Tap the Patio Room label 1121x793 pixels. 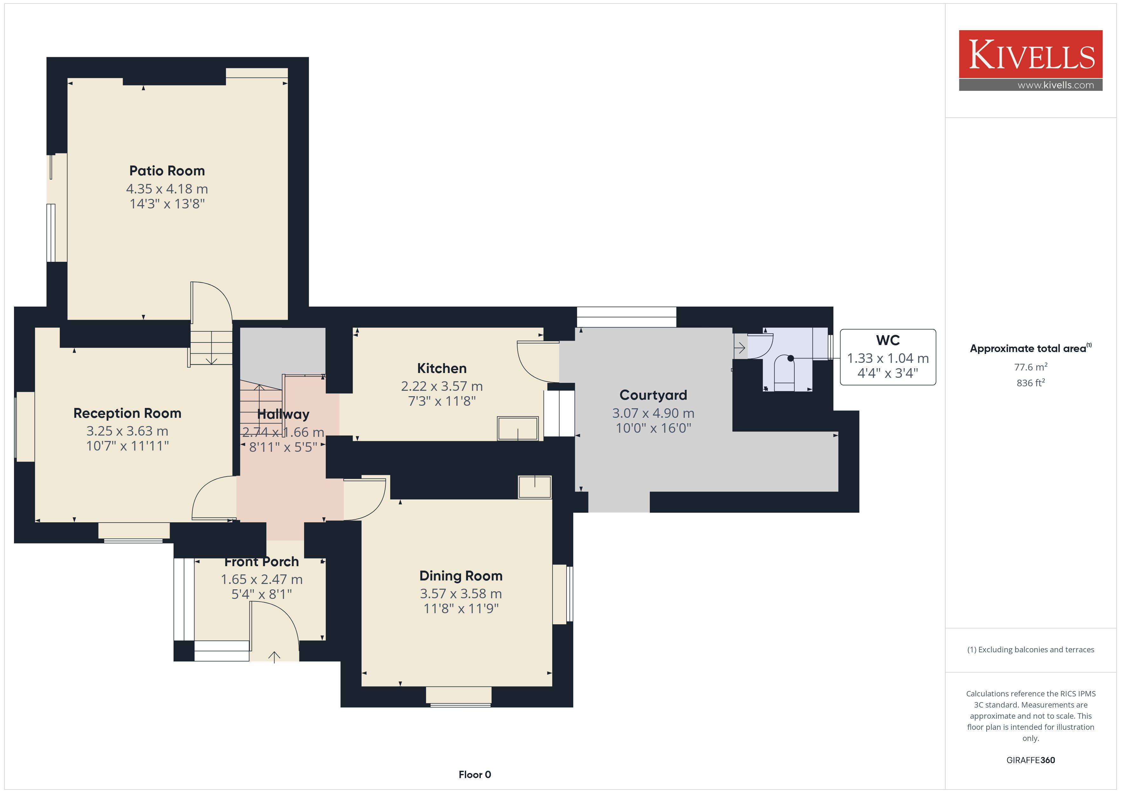[167, 171]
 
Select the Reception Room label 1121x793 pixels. [127, 414]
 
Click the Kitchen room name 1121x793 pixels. [442, 368]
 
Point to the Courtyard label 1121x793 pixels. [653, 395]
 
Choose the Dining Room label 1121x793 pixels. [461, 576]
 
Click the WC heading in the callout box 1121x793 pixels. [888, 340]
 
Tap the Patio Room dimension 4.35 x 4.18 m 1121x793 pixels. [167, 189]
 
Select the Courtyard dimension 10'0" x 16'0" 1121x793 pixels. [653, 428]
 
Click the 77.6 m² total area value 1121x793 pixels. [1031, 367]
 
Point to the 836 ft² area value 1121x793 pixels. [1031, 383]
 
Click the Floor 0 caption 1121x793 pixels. [475, 775]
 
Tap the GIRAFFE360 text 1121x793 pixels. [1031, 760]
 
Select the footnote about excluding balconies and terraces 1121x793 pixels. [1031, 649]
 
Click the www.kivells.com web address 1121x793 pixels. [1056, 85]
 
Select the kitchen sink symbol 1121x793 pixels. [518, 429]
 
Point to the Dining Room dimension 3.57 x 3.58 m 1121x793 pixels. [461, 594]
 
